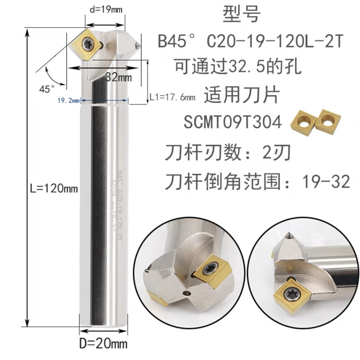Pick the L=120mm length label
coord(52,189)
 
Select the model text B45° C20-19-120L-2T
coord(250,42)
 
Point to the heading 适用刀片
coord(242,95)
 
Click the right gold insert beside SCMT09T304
coord(328,121)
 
